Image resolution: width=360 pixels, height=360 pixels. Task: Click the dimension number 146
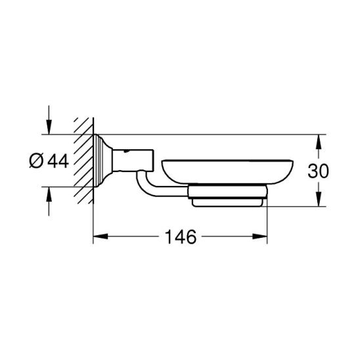[x=181, y=236]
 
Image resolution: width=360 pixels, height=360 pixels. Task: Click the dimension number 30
[x=318, y=171]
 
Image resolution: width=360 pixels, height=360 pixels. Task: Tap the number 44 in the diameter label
[x=58, y=161]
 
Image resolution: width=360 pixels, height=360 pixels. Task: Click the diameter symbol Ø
[x=36, y=161]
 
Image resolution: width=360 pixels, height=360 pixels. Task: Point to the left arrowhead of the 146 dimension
[x=101, y=236]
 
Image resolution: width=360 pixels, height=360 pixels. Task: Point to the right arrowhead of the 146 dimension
[x=259, y=236]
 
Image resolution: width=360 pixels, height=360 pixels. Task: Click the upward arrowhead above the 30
[x=318, y=142]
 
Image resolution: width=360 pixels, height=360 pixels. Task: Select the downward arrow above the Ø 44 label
[x=49, y=120]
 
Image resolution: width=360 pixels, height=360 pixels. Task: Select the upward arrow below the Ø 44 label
[x=49, y=202]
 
